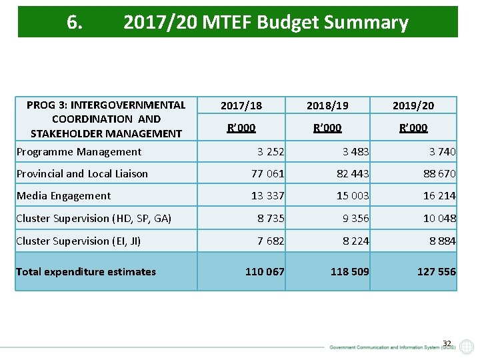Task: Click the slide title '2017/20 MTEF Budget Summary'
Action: pos(265,23)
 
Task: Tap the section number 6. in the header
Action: pos(75,23)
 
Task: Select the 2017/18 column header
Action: pos(241,105)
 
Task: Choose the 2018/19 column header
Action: pos(327,105)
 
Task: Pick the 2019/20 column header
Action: pos(413,105)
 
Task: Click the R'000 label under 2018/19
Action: pos(327,127)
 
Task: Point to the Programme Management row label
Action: pos(79,152)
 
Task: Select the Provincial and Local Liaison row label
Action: pos(82,174)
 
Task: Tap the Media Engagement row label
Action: pos(63,196)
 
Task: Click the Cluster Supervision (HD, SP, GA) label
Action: pos(93,219)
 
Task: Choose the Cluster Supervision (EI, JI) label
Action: pos(78,241)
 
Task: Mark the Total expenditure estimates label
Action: pos(85,271)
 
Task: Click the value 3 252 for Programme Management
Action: pos(271,152)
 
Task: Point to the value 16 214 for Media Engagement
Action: pos(439,196)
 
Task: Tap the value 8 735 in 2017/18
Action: pos(271,219)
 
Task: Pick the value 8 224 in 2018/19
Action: pos(355,241)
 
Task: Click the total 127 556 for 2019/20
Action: pos(437,271)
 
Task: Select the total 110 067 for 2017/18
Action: pos(265,271)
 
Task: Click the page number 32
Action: pos(447,344)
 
